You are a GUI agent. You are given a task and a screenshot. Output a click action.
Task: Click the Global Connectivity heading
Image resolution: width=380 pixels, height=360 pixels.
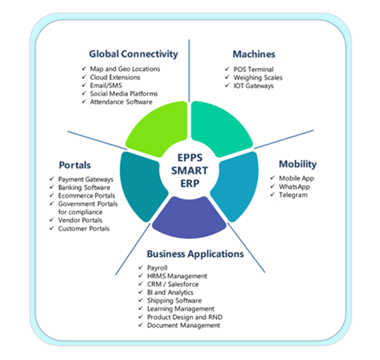(x=133, y=54)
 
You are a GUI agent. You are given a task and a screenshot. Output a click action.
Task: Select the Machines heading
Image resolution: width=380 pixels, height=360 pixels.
(x=254, y=54)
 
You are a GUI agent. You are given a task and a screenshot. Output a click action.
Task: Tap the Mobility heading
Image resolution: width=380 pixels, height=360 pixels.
(x=298, y=165)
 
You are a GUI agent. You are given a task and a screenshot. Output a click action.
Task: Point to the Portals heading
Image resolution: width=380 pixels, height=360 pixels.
(x=75, y=165)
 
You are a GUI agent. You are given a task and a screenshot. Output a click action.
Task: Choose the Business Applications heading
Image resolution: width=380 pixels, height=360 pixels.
(x=195, y=254)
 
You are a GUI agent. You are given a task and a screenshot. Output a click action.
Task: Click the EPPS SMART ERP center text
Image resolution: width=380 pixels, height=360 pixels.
(x=190, y=171)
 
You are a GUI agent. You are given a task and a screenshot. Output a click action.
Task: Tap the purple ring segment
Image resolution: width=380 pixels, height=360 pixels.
(x=189, y=218)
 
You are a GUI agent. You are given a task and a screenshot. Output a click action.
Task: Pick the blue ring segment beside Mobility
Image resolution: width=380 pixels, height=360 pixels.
(x=236, y=186)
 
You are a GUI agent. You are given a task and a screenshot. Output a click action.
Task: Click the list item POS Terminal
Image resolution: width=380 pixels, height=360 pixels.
(x=254, y=70)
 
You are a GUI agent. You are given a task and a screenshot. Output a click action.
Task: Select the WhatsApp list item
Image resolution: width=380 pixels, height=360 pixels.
(x=294, y=187)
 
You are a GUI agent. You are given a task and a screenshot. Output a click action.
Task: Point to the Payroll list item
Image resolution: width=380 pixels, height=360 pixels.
(x=157, y=268)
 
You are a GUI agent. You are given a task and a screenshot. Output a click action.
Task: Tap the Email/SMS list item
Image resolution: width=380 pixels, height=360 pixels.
(x=106, y=85)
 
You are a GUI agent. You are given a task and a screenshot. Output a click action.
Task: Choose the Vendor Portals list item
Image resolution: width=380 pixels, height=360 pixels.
(x=80, y=220)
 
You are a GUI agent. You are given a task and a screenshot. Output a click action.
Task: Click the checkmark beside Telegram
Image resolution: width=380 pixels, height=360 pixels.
(x=272, y=194)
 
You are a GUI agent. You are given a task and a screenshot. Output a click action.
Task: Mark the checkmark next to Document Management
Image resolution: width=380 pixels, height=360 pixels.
(x=141, y=325)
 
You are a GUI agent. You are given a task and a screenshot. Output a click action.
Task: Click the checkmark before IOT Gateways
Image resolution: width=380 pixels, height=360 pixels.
(x=227, y=85)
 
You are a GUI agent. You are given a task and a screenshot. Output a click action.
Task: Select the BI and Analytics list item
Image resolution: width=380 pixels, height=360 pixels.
(x=170, y=293)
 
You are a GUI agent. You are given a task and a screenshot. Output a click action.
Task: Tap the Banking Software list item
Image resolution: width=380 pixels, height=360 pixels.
(x=84, y=187)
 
